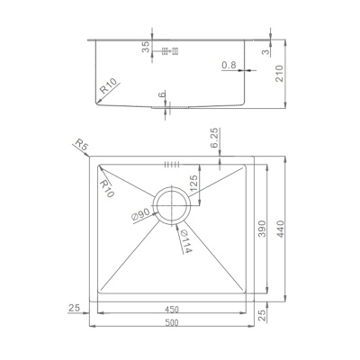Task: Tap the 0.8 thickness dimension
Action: point(228,64)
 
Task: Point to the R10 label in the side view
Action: point(108,87)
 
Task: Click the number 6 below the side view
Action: point(163,95)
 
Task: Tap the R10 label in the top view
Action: point(107,188)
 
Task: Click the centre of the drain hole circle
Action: point(171,205)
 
